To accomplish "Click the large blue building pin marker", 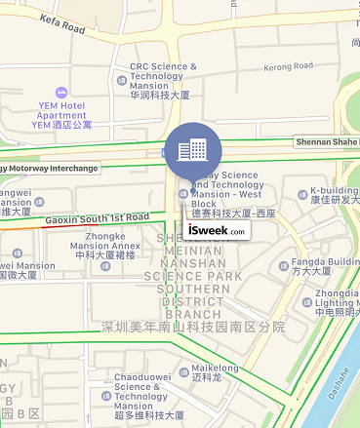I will [x=192, y=149].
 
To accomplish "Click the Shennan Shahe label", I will [x=326, y=141].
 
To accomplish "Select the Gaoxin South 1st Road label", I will [x=97, y=218].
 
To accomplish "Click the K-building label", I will [x=335, y=190].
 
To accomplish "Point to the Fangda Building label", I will [x=328, y=262].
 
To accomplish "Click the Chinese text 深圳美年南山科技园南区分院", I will [x=193, y=328].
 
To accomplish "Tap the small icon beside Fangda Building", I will [x=282, y=264].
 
